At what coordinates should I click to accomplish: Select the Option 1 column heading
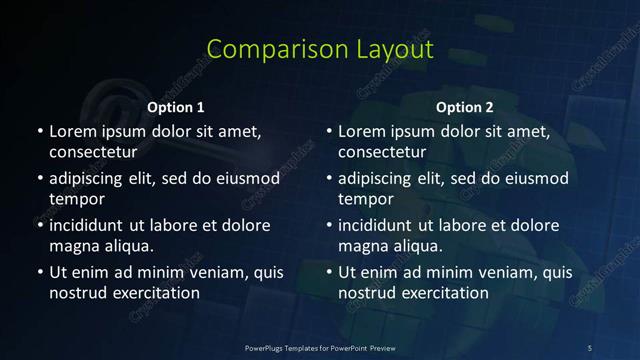click(x=175, y=106)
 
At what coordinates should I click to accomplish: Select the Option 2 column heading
click(x=465, y=106)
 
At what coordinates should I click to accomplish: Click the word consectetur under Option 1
click(x=92, y=152)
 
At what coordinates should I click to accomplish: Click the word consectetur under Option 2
click(x=382, y=152)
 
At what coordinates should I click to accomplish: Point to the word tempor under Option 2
click(x=365, y=199)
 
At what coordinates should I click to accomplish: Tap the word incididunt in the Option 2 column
click(x=381, y=225)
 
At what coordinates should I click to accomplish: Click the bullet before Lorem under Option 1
click(x=39, y=132)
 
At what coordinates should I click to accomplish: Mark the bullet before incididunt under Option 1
click(x=39, y=226)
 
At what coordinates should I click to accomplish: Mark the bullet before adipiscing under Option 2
click(x=329, y=179)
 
